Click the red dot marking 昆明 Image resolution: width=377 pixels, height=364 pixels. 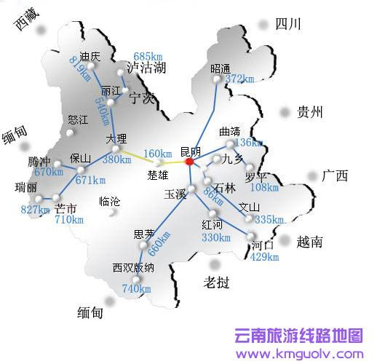pyautogui.click(x=189, y=161)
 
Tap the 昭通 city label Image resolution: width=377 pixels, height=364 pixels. pyautogui.click(x=220, y=68)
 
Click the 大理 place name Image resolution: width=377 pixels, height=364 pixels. pyautogui.click(x=116, y=138)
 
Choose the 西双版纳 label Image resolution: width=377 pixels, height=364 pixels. pyautogui.click(x=132, y=267)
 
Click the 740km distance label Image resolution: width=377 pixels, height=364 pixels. pyautogui.click(x=137, y=288)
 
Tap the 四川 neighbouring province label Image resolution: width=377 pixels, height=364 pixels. pyautogui.click(x=288, y=25)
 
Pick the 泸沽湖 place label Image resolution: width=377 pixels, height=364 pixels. pyautogui.click(x=146, y=68)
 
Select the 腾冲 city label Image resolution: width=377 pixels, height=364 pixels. pyautogui.click(x=40, y=161)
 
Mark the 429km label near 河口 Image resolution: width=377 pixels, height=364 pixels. pyautogui.click(x=265, y=257)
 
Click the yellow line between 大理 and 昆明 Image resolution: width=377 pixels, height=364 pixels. pyautogui.click(x=153, y=156)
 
